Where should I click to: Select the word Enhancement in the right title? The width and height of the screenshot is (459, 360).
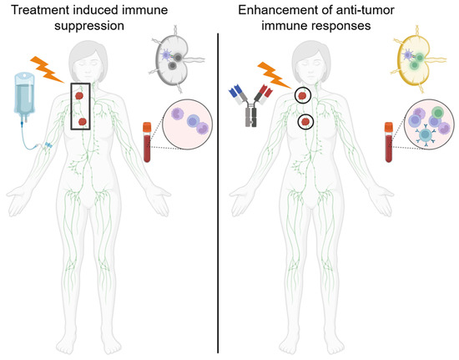point(274,11)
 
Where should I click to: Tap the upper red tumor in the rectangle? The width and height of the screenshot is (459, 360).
point(78,94)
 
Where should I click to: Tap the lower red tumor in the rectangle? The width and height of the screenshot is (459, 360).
point(83,122)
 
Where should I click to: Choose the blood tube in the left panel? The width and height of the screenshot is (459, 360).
point(149,142)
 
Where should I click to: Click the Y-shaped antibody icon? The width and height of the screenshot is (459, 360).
point(250,105)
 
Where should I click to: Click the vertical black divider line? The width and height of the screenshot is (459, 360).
point(219,192)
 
